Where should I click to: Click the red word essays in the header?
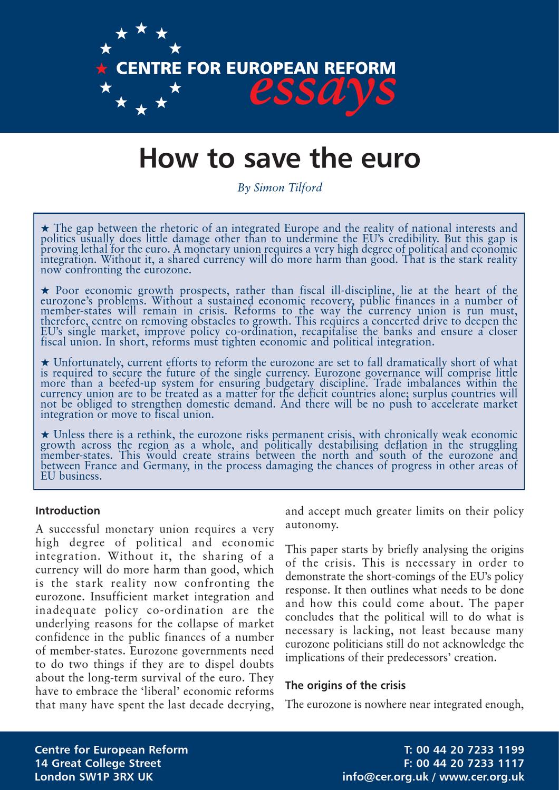click(x=322, y=90)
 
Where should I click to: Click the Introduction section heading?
click(x=67, y=510)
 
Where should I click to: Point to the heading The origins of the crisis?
click(x=345, y=685)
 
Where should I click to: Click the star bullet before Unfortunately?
click(x=45, y=363)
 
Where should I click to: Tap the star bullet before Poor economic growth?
click(x=45, y=291)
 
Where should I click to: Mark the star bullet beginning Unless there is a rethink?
click(x=45, y=435)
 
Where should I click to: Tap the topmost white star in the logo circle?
click(x=141, y=28)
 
